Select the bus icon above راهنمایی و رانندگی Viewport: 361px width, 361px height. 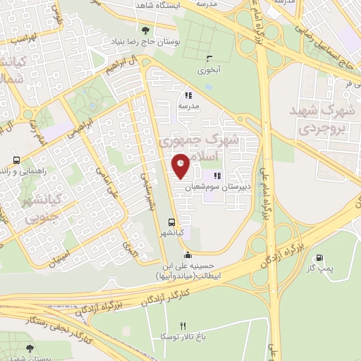coord(16,160)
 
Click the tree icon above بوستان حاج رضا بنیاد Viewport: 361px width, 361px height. coord(146,30)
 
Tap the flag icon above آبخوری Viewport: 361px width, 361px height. coord(209,59)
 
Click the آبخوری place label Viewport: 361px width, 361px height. coord(209,70)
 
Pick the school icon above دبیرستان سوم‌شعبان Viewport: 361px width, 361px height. coord(216,176)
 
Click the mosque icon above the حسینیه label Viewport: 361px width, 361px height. coord(187,256)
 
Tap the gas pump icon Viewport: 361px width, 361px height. coord(322,258)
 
